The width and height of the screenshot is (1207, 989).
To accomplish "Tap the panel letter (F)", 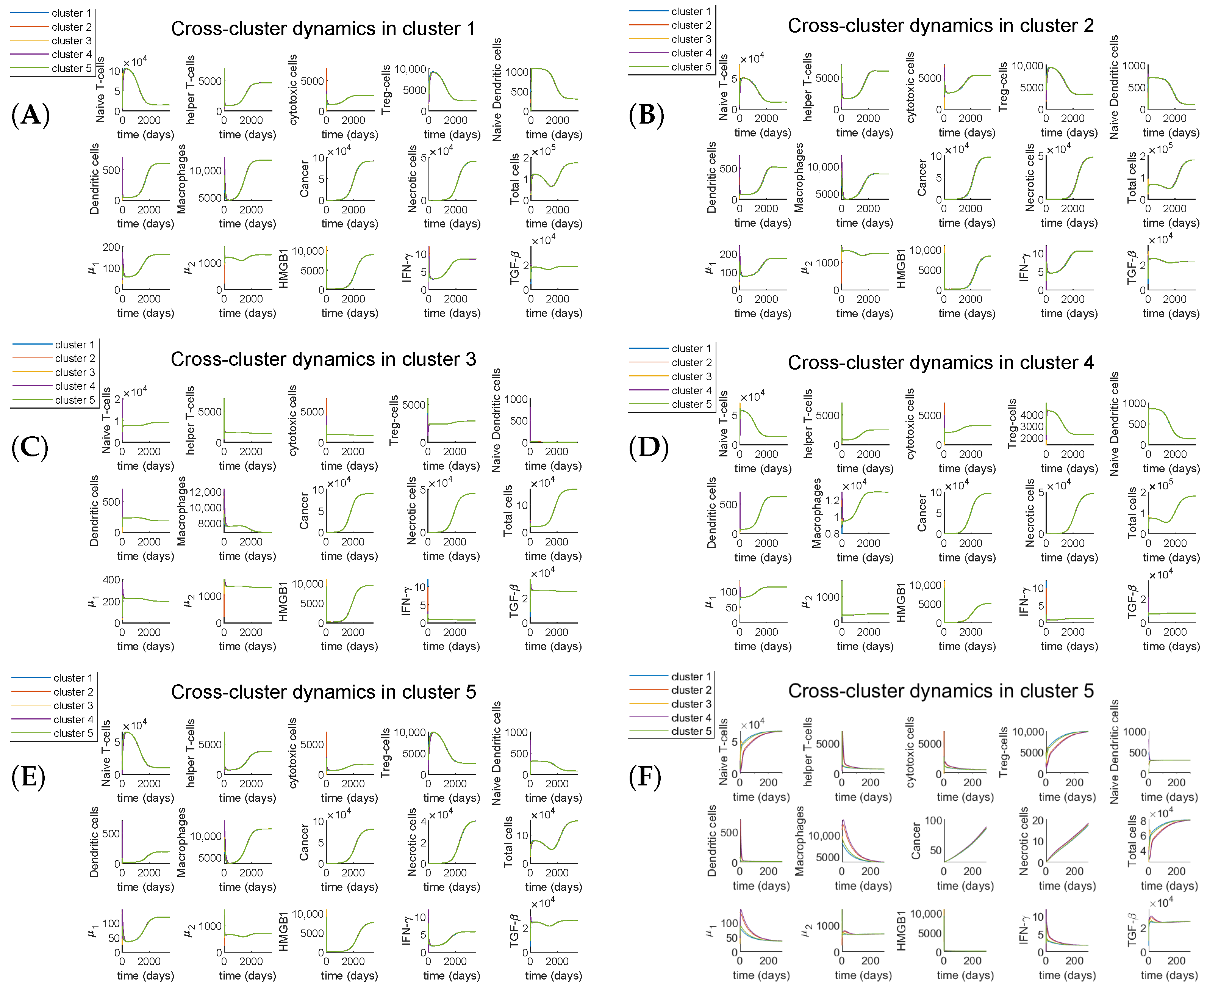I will point(645,777).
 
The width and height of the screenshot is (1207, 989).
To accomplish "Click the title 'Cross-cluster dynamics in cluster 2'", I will point(941,26).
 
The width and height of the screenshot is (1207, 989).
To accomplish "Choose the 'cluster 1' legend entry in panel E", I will point(73,678).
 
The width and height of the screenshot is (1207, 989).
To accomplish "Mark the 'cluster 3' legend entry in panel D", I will point(691,376).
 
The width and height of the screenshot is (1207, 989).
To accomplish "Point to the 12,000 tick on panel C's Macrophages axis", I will point(206,492).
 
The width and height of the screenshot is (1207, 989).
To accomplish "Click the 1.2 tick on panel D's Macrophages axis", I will point(832,500).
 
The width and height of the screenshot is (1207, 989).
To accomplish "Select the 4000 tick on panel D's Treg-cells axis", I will point(1032,415).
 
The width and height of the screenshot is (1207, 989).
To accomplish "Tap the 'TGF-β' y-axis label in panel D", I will point(1131,602).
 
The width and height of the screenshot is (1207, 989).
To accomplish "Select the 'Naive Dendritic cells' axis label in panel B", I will point(1114,87).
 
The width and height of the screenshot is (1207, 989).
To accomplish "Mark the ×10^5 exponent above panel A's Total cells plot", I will point(544,152).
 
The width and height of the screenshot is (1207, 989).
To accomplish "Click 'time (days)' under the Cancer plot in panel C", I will point(349,556).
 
